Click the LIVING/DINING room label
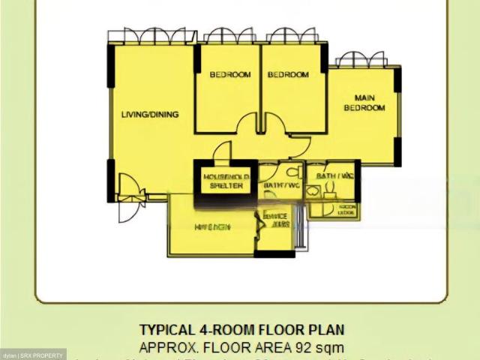(150, 115)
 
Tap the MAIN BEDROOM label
(364, 102)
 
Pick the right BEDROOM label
(288, 74)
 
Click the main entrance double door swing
(130, 196)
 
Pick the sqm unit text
(331, 347)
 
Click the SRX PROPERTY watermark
(33, 354)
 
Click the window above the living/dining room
(146, 37)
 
